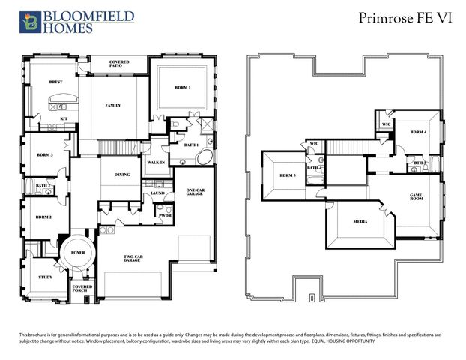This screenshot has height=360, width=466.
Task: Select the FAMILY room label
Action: click(113, 105)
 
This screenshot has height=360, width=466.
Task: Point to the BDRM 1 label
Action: click(183, 88)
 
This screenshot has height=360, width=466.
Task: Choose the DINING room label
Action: click(122, 175)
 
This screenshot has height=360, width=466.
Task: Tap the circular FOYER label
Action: click(79, 253)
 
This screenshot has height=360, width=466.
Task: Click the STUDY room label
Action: click(44, 277)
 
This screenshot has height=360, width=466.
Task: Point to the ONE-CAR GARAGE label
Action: click(196, 193)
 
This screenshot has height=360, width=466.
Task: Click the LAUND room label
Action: click(157, 193)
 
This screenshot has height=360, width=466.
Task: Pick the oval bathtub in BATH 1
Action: click(202, 159)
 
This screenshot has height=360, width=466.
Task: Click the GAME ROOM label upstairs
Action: click(416, 196)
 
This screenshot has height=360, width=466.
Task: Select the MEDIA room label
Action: click(360, 222)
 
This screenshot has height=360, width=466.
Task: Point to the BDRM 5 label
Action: click(288, 176)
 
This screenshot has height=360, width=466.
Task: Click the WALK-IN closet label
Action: click(156, 162)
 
